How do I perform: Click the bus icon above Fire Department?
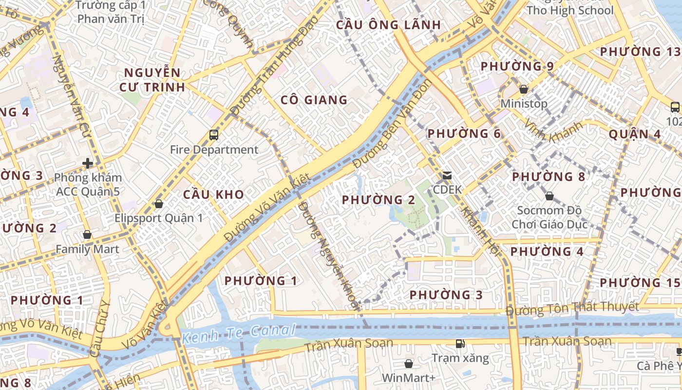(214, 135)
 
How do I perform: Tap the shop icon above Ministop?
(524, 89)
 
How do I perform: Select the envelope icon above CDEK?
(447, 175)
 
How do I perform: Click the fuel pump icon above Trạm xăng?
(460, 344)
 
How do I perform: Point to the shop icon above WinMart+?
(408, 364)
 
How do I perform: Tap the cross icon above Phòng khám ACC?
(88, 163)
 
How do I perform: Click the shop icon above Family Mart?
(87, 235)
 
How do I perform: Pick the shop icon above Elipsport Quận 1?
(158, 204)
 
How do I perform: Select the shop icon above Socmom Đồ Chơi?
(549, 196)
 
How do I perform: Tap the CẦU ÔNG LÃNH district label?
(388, 25)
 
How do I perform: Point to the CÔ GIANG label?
(314, 100)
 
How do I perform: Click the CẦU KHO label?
(213, 195)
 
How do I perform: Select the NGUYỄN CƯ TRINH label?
(152, 80)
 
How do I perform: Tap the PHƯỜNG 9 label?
(517, 66)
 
